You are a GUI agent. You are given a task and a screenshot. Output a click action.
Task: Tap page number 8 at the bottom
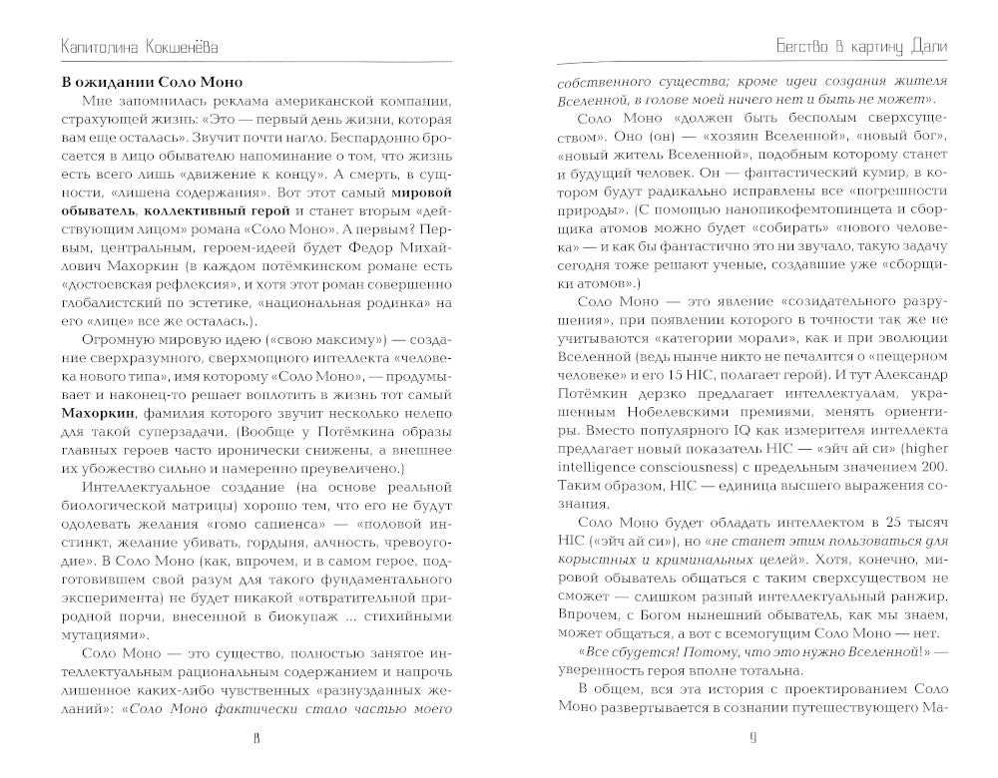point(256,738)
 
